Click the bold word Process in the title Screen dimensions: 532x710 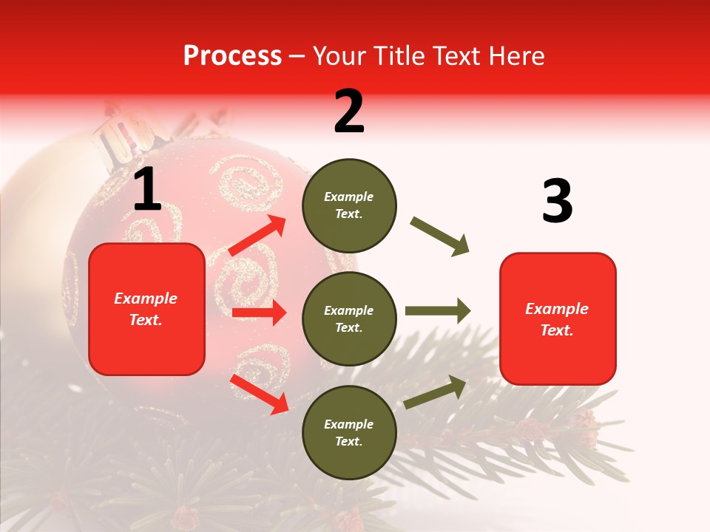coord(232,56)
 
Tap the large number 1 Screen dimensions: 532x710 coord(147,190)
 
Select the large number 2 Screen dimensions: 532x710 coord(349,112)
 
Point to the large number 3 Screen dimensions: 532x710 coord(557,202)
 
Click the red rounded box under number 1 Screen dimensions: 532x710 coord(146,309)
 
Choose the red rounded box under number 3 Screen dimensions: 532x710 coord(558,318)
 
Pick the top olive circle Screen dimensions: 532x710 coord(349,205)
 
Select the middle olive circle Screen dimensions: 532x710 coord(349,318)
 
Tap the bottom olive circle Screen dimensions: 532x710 coord(349,432)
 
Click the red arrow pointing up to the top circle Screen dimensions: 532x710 coord(257,236)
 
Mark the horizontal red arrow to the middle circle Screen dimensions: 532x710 coord(259,313)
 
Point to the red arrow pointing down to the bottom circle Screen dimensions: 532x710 coord(259,394)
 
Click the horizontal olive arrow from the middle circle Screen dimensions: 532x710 coord(437,310)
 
